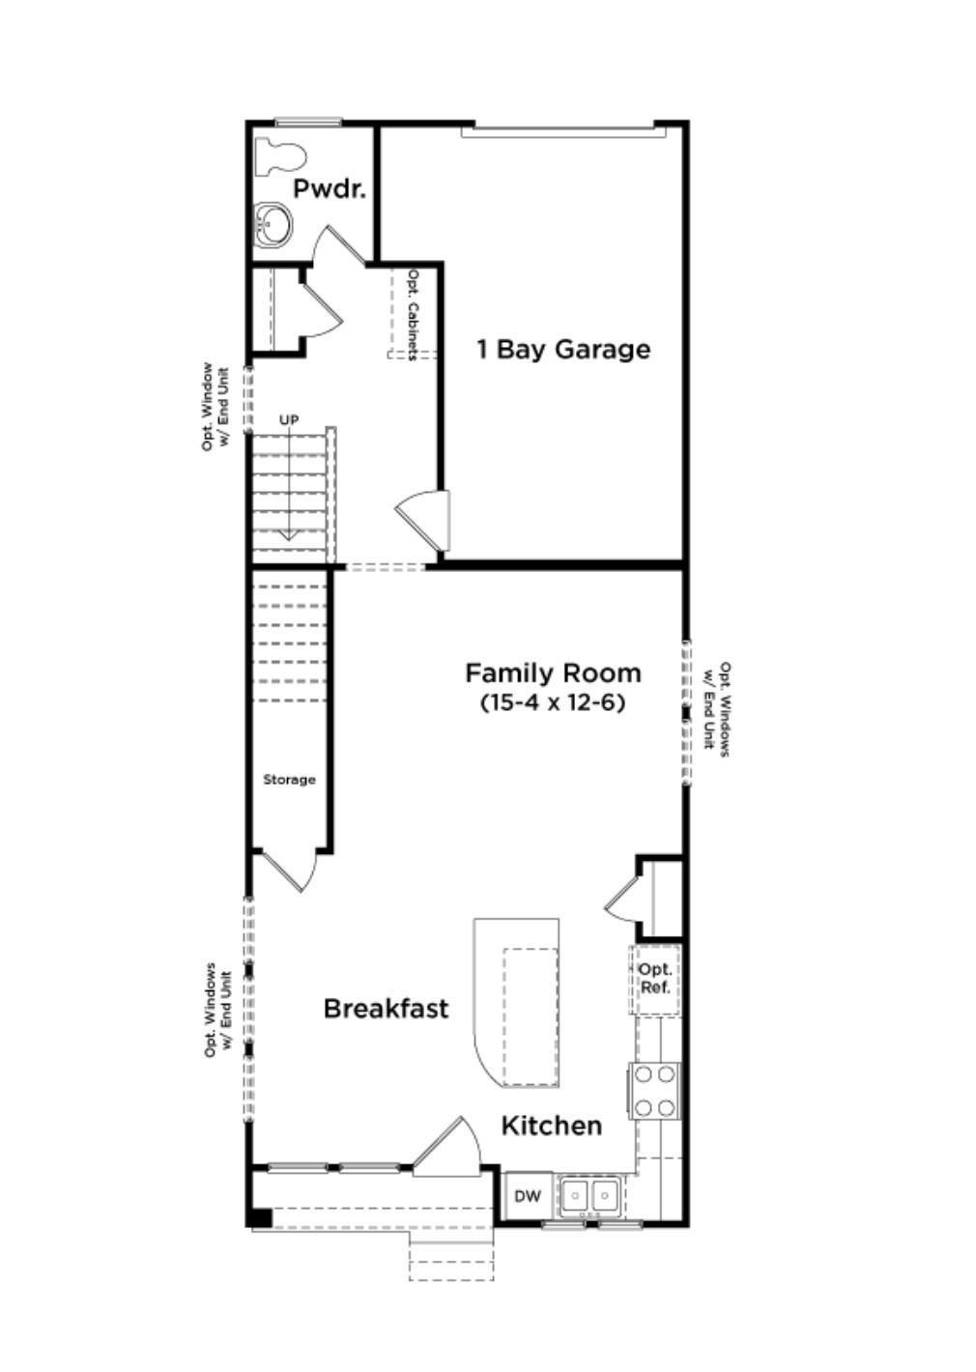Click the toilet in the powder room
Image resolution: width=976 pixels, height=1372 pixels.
click(279, 157)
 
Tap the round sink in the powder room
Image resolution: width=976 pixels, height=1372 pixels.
click(273, 225)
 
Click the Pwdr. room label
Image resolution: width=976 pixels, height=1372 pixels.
click(330, 188)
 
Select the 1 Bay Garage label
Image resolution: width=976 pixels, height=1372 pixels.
click(563, 349)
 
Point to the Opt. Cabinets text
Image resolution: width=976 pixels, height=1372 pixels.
click(413, 314)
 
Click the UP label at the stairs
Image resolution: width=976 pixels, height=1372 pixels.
click(289, 419)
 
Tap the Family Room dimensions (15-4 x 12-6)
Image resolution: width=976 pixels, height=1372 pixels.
click(553, 702)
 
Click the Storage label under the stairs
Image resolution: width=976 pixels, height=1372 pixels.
click(289, 780)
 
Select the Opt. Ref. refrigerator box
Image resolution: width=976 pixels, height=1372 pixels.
click(655, 979)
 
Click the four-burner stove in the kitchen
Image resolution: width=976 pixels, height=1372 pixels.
click(655, 1091)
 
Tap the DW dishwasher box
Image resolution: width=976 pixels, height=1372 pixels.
click(528, 1196)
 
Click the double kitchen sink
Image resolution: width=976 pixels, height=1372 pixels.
click(590, 1196)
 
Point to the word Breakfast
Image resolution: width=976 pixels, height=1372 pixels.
click(386, 1009)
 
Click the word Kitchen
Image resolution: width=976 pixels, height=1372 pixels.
click(552, 1126)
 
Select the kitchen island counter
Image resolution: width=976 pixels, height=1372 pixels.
click(517, 1005)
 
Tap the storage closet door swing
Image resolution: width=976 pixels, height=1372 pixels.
click(288, 870)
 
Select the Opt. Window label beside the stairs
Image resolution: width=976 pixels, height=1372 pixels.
click(215, 406)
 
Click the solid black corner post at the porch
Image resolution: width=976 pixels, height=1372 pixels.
click(260, 1217)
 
